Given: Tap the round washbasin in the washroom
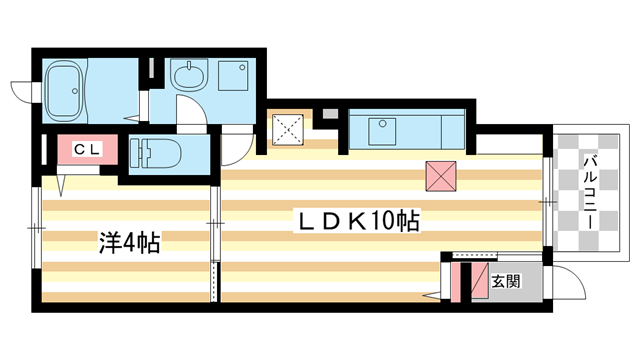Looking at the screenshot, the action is pos(187,74).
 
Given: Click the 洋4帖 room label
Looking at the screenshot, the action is pos(129,241).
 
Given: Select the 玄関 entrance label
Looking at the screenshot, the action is pos(505,281).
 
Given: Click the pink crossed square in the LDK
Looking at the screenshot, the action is pos(441,177).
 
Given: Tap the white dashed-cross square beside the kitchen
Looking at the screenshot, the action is pos(293,129).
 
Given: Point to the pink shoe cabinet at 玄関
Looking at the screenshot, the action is pos(463,281).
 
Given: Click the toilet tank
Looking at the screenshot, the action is pos(138,153).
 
